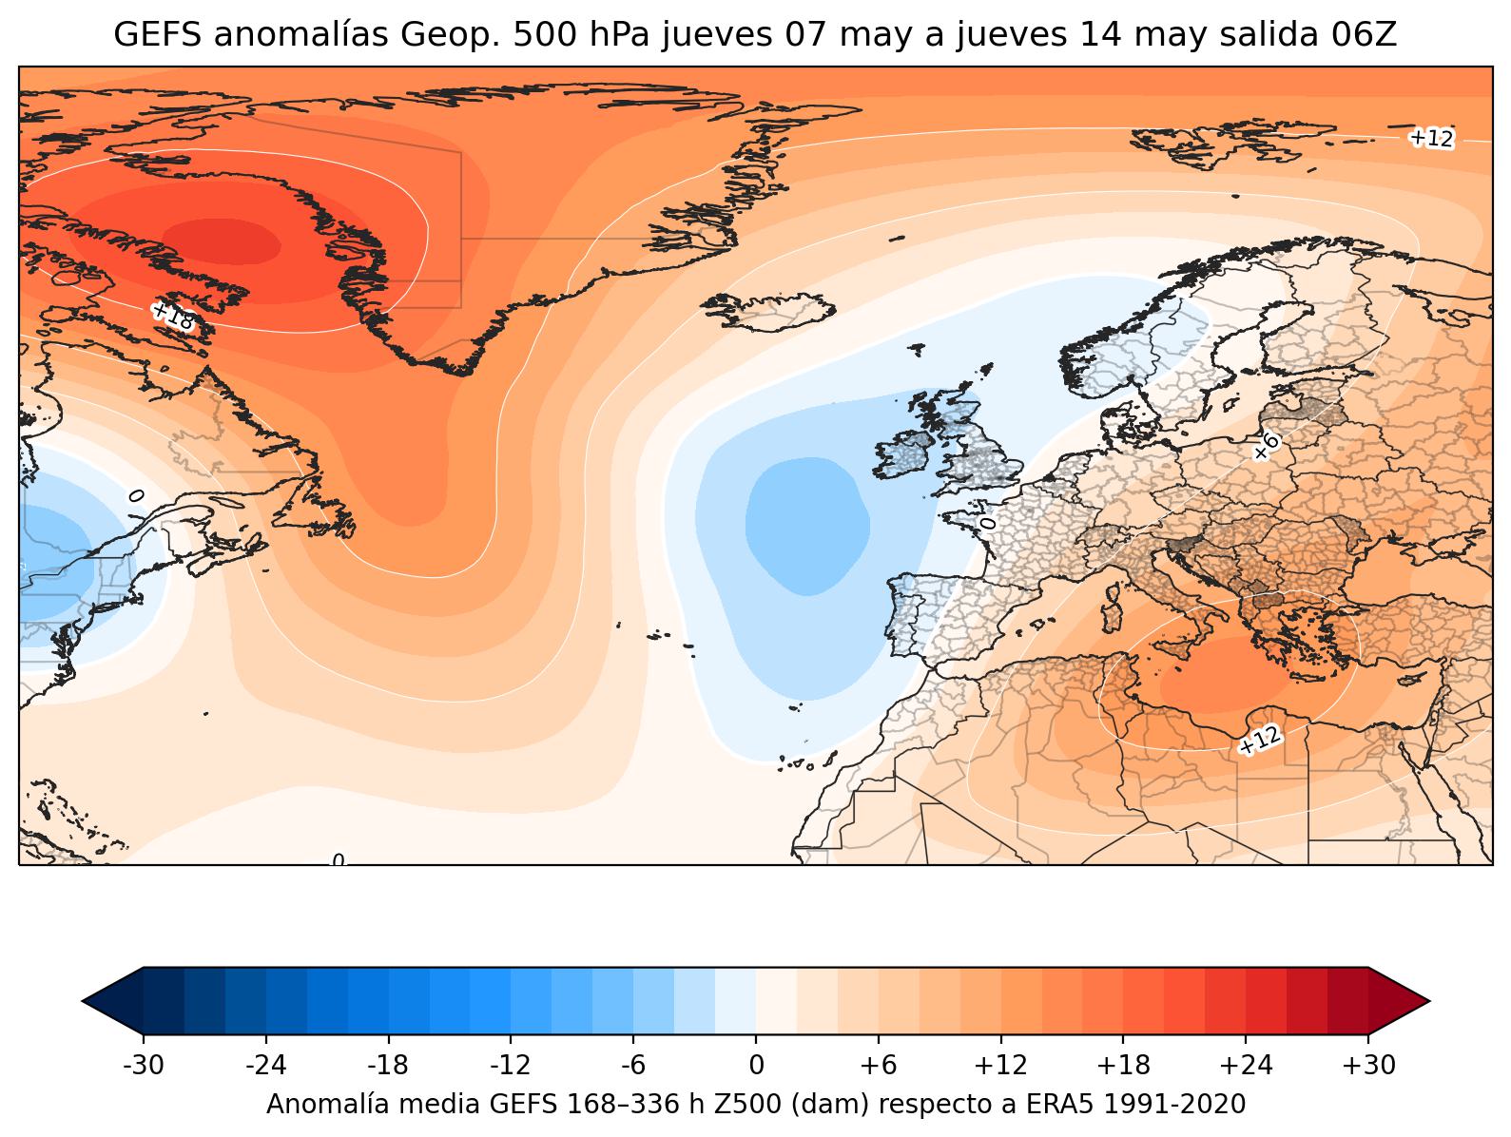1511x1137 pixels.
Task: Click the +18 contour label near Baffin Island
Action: click(173, 317)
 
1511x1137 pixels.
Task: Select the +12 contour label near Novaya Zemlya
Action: click(1431, 138)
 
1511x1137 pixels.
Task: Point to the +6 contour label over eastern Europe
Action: click(1266, 445)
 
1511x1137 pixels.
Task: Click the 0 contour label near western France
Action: click(987, 522)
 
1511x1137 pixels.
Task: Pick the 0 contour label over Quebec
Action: click(136, 495)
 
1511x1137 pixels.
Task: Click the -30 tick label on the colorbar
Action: click(144, 1066)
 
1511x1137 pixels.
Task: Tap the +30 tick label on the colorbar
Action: click(1368, 1066)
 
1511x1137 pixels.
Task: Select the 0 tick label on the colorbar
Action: click(756, 1066)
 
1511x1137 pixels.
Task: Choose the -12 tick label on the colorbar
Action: click(511, 1066)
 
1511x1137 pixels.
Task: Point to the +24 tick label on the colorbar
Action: click(1246, 1066)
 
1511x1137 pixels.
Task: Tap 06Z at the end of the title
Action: click(1366, 35)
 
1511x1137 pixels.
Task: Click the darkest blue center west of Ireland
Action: click(805, 526)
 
